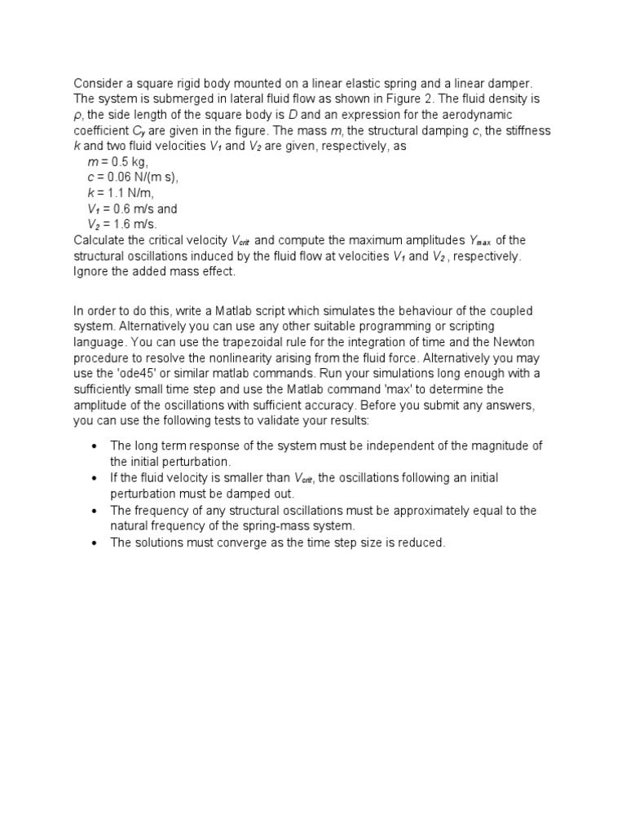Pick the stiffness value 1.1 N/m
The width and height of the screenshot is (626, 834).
point(129,193)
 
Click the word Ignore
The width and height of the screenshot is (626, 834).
point(93,271)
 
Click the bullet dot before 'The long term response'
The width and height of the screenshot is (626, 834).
point(95,446)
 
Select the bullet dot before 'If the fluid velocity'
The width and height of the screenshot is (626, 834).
point(95,478)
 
